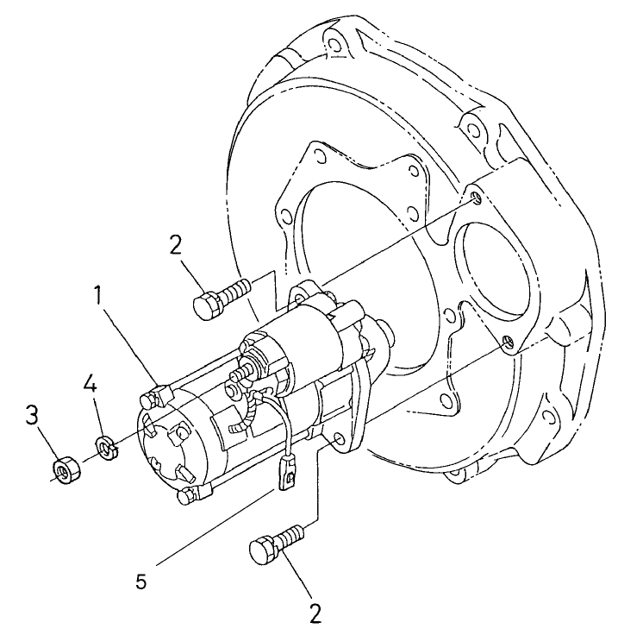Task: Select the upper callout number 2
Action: (175, 246)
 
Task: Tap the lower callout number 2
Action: (315, 613)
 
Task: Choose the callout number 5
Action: (140, 580)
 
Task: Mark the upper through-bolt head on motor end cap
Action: (152, 398)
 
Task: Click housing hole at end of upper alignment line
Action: (476, 199)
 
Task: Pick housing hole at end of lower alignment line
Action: (508, 343)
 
